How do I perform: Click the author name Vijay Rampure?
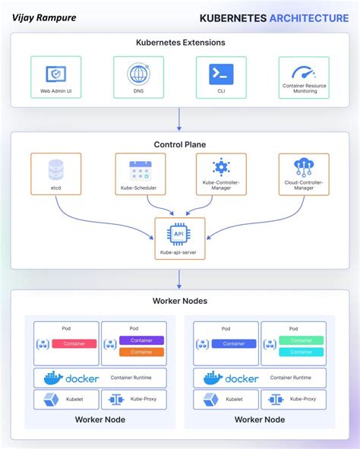(x=43, y=17)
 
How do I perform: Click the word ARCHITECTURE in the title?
(x=309, y=17)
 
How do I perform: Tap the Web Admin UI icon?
(x=56, y=74)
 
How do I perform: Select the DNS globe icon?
(x=138, y=74)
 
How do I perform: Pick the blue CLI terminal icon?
(x=220, y=74)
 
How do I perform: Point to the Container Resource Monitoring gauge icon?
(x=305, y=73)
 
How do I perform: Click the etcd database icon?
(x=56, y=169)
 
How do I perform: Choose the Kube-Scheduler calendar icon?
(x=141, y=169)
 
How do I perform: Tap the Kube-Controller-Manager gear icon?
(x=221, y=168)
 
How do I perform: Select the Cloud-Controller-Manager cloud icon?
(x=305, y=168)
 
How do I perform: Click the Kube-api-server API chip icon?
(x=180, y=235)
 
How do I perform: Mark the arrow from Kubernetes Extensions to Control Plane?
(x=180, y=118)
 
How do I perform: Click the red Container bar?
(x=74, y=343)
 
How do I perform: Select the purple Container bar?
(x=141, y=340)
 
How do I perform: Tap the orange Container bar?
(x=141, y=352)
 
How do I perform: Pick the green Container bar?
(x=301, y=340)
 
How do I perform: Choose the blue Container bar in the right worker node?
(x=234, y=343)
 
